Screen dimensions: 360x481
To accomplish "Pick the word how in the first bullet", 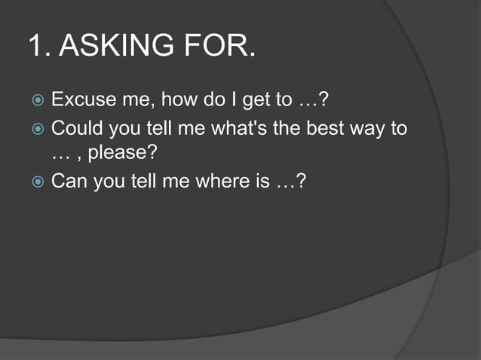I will (x=177, y=99).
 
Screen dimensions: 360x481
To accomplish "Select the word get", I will (x=256, y=101).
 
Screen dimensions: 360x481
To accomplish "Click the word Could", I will (x=78, y=128).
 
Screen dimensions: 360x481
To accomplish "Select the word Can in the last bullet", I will (x=69, y=182).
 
